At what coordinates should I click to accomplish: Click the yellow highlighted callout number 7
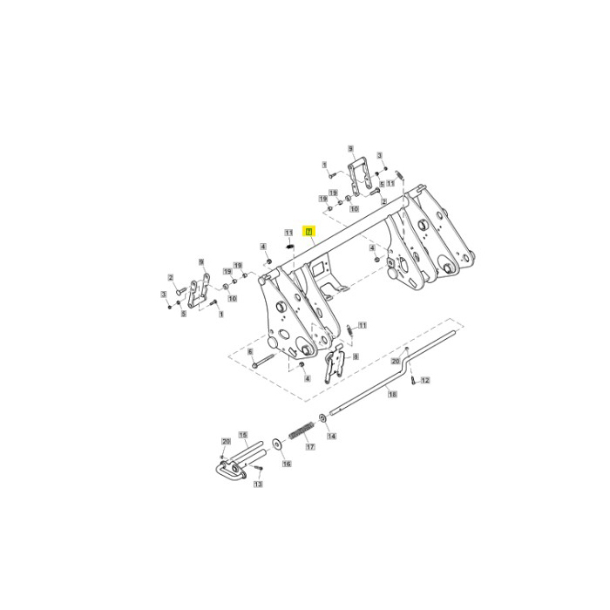coord(308,231)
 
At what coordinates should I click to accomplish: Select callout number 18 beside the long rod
coord(392,395)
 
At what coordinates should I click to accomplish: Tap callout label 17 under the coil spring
coord(308,447)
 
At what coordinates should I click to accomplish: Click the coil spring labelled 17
coord(299,430)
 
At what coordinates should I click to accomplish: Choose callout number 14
coord(331,436)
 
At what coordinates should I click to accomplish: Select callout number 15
coord(243,434)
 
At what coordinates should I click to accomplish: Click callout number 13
coord(258,485)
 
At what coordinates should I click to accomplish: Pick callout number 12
coord(425,381)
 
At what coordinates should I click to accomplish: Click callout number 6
coord(250,351)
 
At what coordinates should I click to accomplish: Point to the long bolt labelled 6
coord(264,361)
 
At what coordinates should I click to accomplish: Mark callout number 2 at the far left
coord(172,279)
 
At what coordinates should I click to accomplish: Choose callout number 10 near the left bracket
coord(232,298)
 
